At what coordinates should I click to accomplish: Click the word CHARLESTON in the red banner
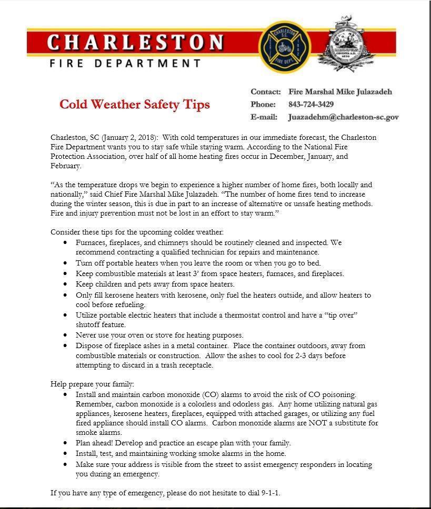pyautogui.click(x=135, y=42)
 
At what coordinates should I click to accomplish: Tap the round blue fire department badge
pyautogui.click(x=285, y=47)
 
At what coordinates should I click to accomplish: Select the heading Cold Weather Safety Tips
pyautogui.click(x=135, y=104)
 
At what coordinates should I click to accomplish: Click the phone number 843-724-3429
pyautogui.click(x=310, y=104)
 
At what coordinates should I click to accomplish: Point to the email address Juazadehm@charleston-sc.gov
pyautogui.click(x=343, y=117)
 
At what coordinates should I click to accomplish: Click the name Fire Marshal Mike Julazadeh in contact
pyautogui.click(x=340, y=91)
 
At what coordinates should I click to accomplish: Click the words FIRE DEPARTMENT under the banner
pyautogui.click(x=125, y=64)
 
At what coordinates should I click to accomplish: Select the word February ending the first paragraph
pyautogui.click(x=65, y=166)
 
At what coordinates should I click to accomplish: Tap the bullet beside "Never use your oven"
pyautogui.click(x=65, y=335)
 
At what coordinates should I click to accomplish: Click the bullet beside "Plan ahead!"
pyautogui.click(x=65, y=443)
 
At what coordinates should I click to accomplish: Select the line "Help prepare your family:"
pyautogui.click(x=92, y=384)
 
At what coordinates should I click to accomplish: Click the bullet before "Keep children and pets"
pyautogui.click(x=65, y=284)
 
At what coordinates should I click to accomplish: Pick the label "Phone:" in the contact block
pyautogui.click(x=263, y=104)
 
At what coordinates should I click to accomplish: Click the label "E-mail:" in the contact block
pyautogui.click(x=264, y=117)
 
